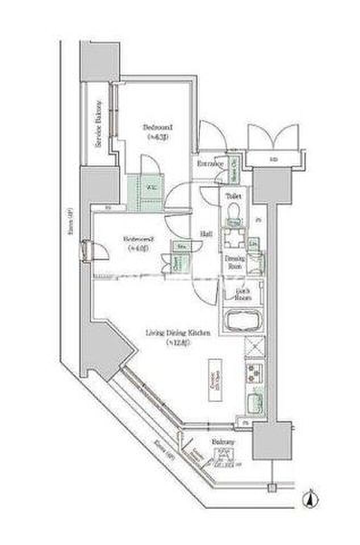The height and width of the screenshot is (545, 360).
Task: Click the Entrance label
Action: tap(209, 164)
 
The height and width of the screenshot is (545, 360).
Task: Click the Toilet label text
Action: tap(233, 196)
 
